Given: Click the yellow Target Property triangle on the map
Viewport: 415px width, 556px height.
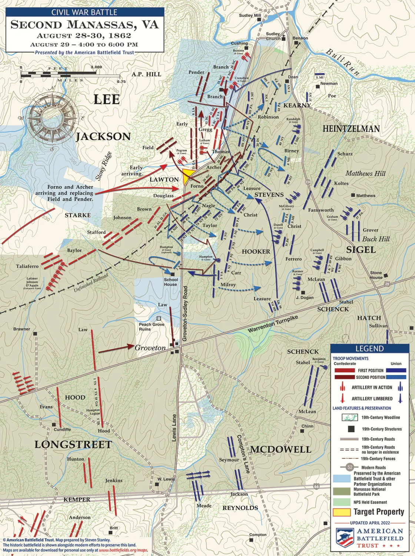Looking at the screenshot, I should point(188,175).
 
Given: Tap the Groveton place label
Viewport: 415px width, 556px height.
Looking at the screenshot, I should point(150,348).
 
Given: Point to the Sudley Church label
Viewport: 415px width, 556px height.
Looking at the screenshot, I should point(273,36).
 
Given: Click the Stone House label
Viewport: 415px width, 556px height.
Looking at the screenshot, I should point(376,275).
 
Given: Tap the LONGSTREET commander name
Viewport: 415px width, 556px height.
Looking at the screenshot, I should point(73,445).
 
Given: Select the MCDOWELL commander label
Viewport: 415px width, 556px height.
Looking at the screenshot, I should point(280,449).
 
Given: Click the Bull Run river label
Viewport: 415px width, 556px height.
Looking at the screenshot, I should point(343,62).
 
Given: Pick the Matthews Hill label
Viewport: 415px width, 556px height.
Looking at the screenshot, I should point(365,173).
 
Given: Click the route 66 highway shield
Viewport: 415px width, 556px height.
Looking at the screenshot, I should point(315,486).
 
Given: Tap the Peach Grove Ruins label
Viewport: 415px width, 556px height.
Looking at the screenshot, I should point(152,326).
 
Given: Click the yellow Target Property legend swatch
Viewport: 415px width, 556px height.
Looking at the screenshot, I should point(341,512).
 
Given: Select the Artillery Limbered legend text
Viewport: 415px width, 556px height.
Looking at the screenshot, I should point(372,399).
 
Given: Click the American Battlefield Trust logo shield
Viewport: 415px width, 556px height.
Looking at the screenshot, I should point(344,537).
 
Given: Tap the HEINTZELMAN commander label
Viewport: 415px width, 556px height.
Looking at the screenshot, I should point(351,129).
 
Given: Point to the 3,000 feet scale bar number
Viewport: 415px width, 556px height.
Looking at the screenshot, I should point(96,67).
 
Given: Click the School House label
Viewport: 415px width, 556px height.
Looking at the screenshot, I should point(170,282).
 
